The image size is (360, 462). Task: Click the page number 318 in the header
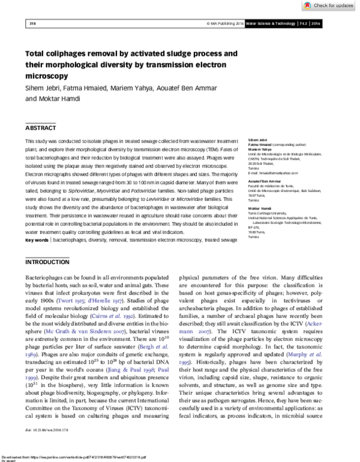coord(32,23)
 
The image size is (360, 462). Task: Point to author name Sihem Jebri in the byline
coord(42,88)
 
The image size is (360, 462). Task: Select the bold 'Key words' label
coord(37,240)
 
